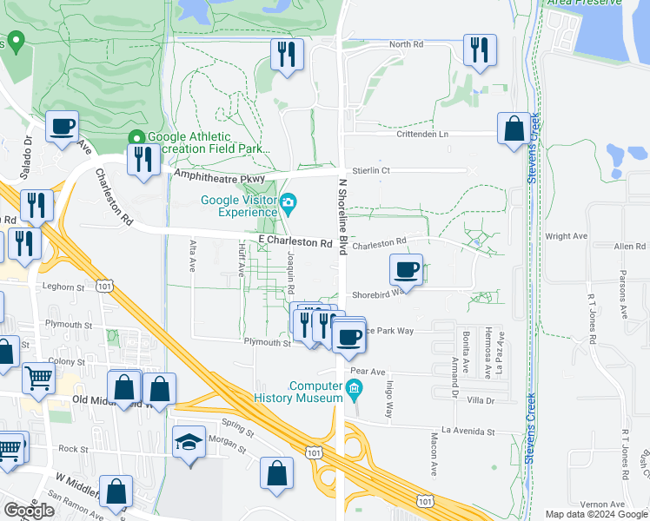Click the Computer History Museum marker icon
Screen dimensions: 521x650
tap(354, 392)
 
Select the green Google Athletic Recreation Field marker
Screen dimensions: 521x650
tap(136, 137)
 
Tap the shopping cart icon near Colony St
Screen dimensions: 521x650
tap(38, 379)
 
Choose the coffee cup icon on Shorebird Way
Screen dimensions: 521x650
tap(406, 268)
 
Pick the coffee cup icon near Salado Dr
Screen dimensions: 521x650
tap(62, 127)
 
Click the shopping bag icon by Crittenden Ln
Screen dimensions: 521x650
tap(514, 128)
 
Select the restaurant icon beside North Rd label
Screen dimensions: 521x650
tap(478, 49)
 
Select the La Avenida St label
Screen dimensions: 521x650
tap(468, 431)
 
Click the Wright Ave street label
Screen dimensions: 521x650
tap(567, 235)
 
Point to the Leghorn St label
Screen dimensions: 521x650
tap(60, 285)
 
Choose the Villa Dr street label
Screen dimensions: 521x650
tap(480, 400)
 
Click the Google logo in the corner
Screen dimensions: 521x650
tap(30, 511)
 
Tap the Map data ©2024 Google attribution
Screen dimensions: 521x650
tap(596, 514)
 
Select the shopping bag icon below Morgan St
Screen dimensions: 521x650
tap(276, 475)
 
